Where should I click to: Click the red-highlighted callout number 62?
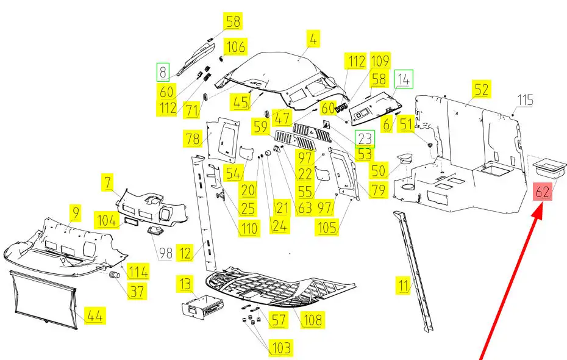543,192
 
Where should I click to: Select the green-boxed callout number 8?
163,73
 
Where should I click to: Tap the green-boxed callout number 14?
404,79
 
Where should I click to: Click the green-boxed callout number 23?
365,139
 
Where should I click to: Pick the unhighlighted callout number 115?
525,100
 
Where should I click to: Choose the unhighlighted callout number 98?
166,253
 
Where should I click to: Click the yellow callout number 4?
313,39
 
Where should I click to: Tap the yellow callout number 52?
481,89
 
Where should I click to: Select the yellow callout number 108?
313,320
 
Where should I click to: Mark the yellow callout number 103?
281,348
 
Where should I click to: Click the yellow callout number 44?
94,316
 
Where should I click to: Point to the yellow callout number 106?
235,47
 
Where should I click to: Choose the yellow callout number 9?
75,213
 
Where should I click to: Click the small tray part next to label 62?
549,167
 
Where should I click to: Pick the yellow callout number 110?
249,228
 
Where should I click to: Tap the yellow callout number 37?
137,291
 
